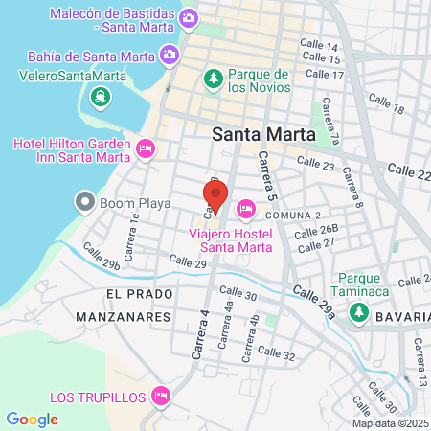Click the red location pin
click(x=215, y=195)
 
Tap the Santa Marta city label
click(x=263, y=135)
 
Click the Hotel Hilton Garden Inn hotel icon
click(x=146, y=148)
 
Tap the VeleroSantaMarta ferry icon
click(x=99, y=97)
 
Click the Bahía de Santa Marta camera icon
click(x=170, y=55)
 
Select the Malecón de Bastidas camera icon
click(x=190, y=17)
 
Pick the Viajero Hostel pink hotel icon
click(x=246, y=208)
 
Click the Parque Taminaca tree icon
click(x=358, y=311)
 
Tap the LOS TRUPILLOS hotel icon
click(x=161, y=396)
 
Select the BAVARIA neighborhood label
click(x=404, y=316)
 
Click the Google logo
click(x=32, y=419)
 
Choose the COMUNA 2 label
click(x=292, y=215)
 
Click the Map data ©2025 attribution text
click(x=390, y=423)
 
